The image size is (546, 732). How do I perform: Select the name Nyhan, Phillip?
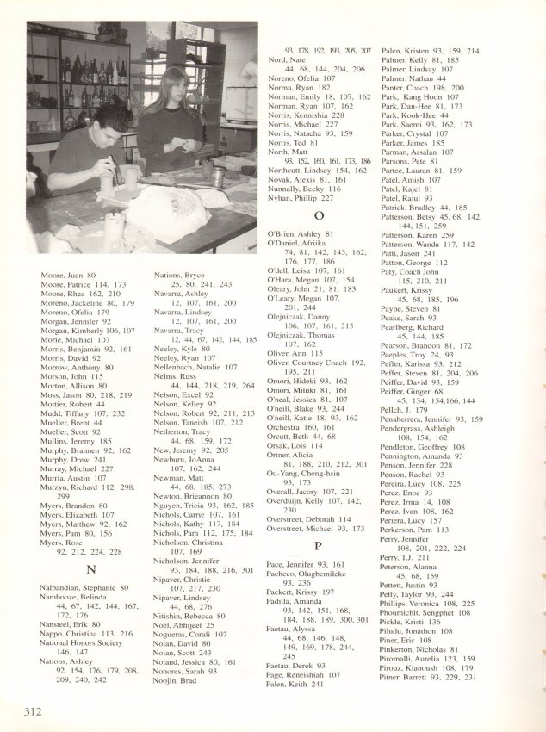(x=301, y=196)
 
